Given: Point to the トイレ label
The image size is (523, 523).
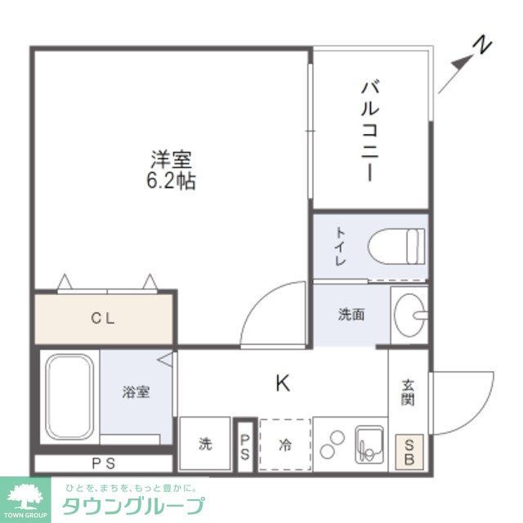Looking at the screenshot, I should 340,245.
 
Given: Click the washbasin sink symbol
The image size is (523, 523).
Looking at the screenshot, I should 408,313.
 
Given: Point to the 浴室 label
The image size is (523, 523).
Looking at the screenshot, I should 136,392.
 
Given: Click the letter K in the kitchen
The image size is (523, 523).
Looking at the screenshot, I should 282,382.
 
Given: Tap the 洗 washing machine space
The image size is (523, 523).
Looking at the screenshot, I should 205,445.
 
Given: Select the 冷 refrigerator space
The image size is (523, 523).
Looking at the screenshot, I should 285,445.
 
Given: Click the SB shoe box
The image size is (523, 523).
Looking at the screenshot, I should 408,451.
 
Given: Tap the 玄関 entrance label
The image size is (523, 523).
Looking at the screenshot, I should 408,392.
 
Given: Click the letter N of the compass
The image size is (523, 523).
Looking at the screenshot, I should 485,46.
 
